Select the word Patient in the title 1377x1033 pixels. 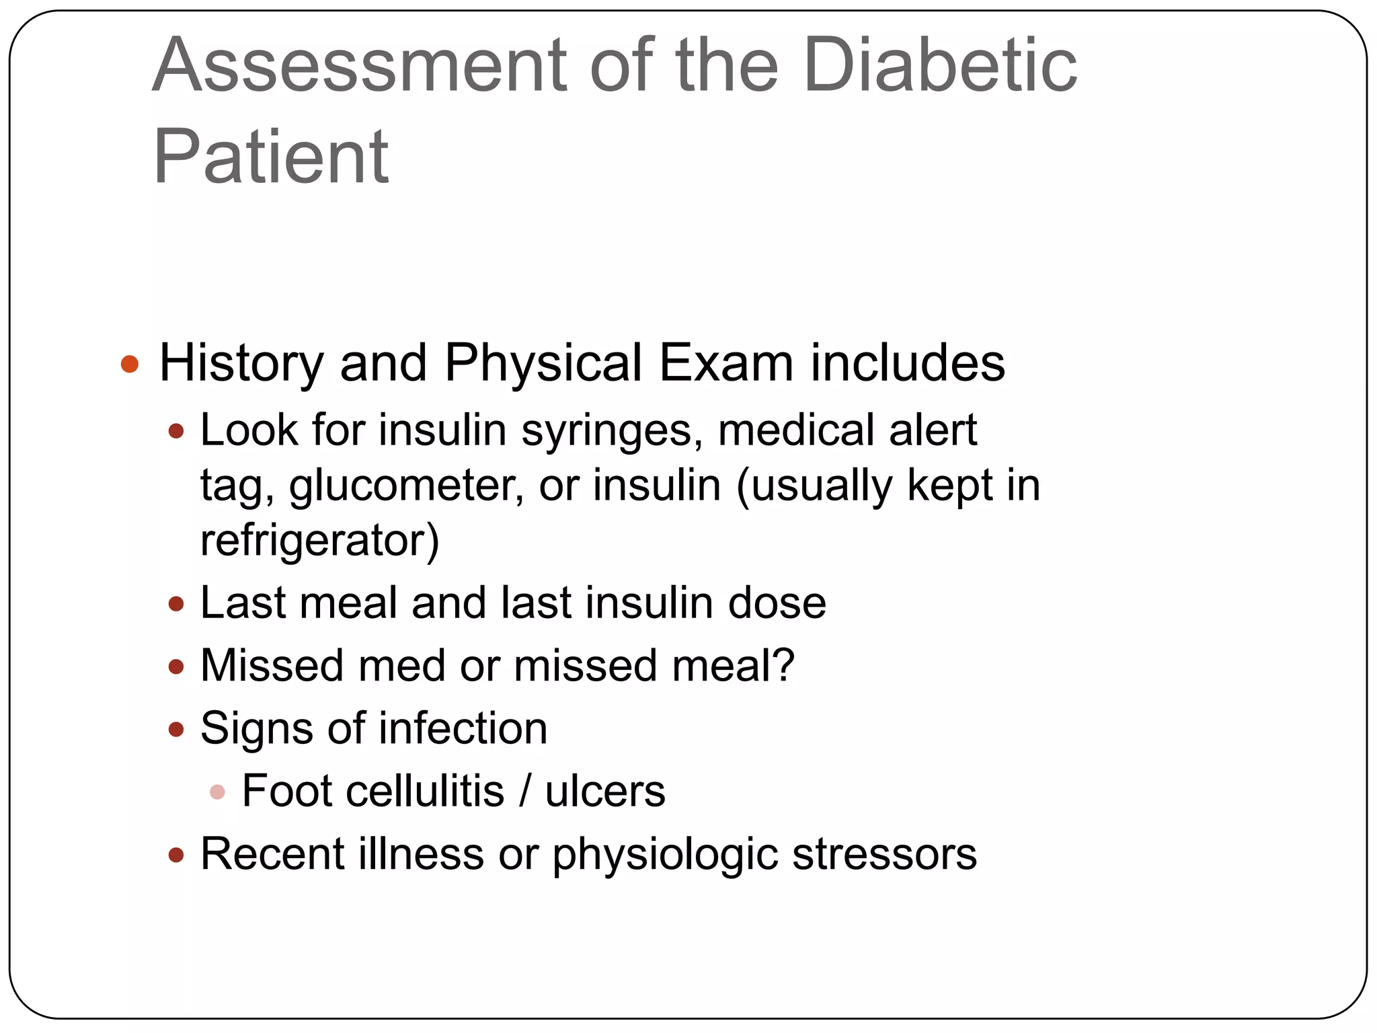click(271, 157)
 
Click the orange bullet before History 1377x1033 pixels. click(129, 365)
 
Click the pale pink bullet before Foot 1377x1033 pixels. click(217, 792)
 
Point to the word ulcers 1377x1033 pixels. click(605, 791)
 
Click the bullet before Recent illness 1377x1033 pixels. click(176, 855)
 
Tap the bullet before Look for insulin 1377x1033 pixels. click(176, 431)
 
